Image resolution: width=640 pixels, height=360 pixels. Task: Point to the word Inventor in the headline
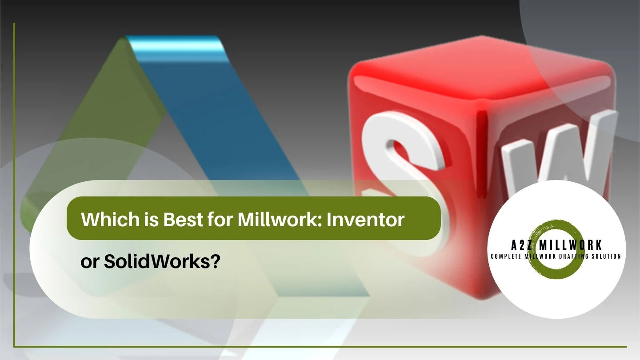click(366, 220)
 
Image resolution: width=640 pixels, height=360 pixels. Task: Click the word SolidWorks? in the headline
click(162, 262)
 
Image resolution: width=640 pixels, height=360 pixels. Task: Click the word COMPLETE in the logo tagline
click(506, 256)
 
